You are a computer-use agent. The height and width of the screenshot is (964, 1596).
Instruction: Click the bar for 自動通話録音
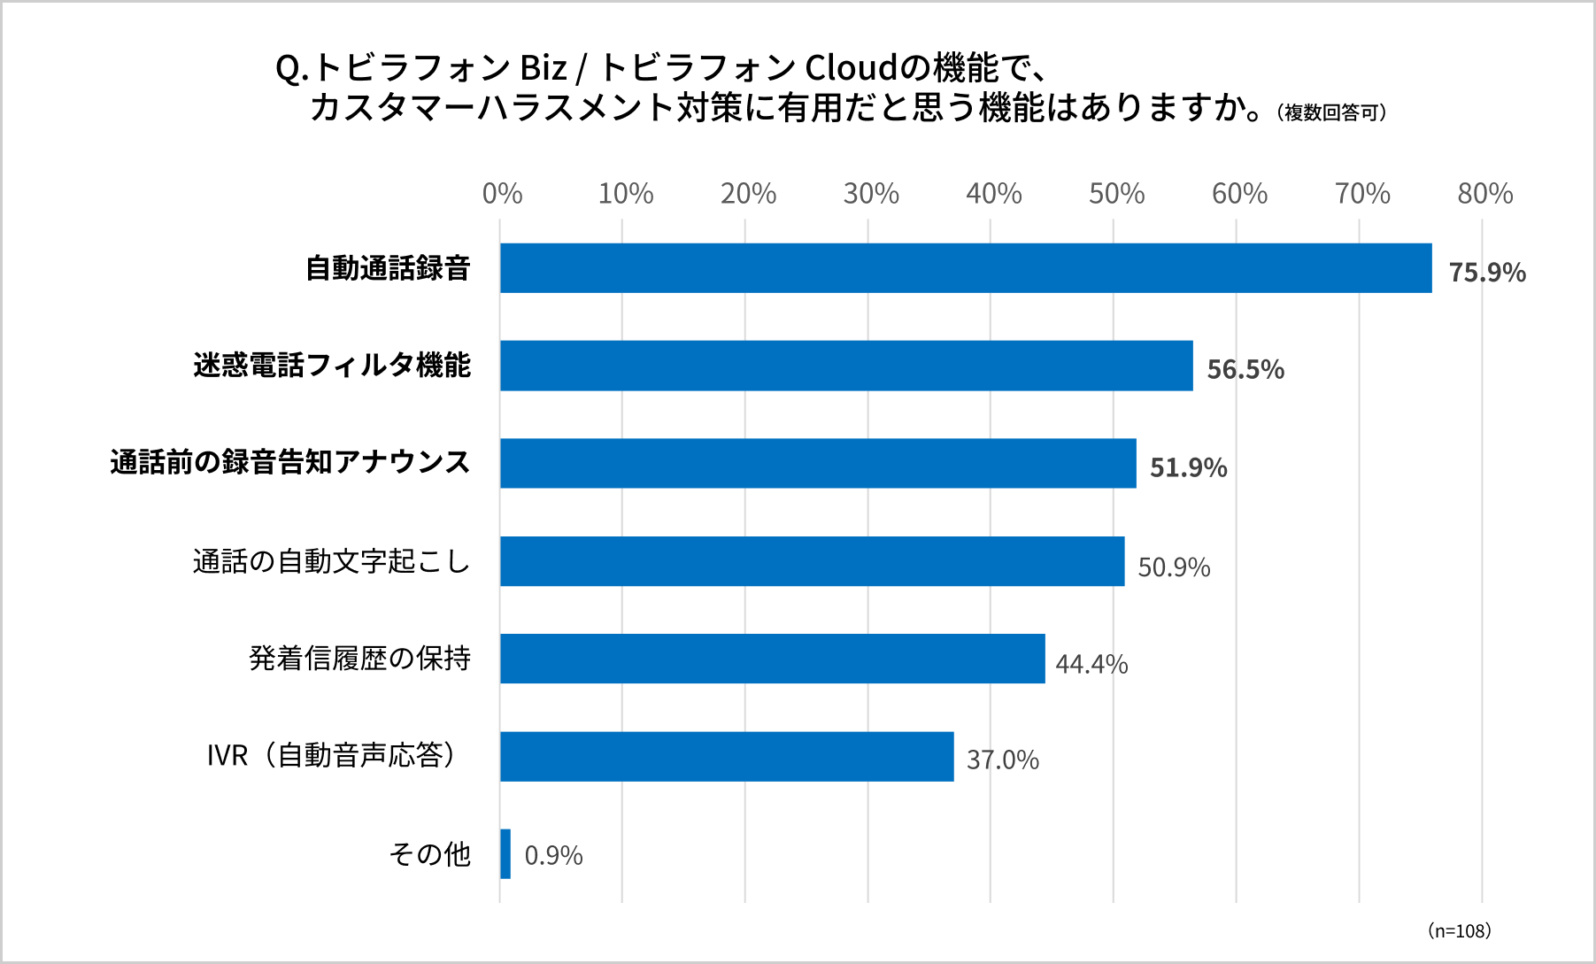pyautogui.click(x=965, y=268)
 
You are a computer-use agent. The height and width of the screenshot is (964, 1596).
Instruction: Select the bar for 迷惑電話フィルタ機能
pyautogui.click(x=846, y=366)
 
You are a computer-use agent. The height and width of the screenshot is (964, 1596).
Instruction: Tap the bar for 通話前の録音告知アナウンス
pyautogui.click(x=818, y=463)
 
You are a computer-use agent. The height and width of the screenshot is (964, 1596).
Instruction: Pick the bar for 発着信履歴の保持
pyautogui.click(x=772, y=659)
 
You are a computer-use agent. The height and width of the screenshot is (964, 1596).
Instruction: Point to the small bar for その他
pyautogui.click(x=505, y=854)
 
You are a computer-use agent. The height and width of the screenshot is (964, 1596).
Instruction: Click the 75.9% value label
pyautogui.click(x=1487, y=272)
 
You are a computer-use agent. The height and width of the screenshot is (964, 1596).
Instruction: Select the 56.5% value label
pyautogui.click(x=1245, y=369)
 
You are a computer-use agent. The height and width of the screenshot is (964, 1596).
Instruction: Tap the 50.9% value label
pyautogui.click(x=1174, y=567)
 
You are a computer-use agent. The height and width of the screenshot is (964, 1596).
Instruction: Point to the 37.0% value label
pyautogui.click(x=1002, y=760)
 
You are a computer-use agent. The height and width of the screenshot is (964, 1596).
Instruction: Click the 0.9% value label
pyautogui.click(x=553, y=855)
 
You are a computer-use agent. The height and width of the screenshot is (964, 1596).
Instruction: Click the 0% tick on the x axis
pyautogui.click(x=502, y=193)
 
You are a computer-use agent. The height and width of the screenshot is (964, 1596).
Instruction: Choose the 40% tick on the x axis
pyautogui.click(x=993, y=193)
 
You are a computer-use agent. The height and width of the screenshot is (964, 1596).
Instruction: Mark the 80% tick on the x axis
pyautogui.click(x=1484, y=193)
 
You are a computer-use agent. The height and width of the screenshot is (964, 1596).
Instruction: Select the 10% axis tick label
pyautogui.click(x=625, y=193)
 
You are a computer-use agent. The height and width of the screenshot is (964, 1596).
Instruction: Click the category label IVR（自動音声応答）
pyautogui.click(x=332, y=755)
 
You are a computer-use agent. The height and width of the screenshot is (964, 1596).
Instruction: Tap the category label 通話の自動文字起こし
pyautogui.click(x=331, y=561)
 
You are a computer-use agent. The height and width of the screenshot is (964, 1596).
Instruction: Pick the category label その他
pyautogui.click(x=430, y=854)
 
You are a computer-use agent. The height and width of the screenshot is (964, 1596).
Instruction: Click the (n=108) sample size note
pyautogui.click(x=1459, y=930)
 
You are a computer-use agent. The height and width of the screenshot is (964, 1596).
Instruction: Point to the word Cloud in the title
pyautogui.click(x=851, y=67)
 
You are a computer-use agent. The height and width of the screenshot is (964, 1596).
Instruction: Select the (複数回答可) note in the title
pyautogui.click(x=1330, y=112)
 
